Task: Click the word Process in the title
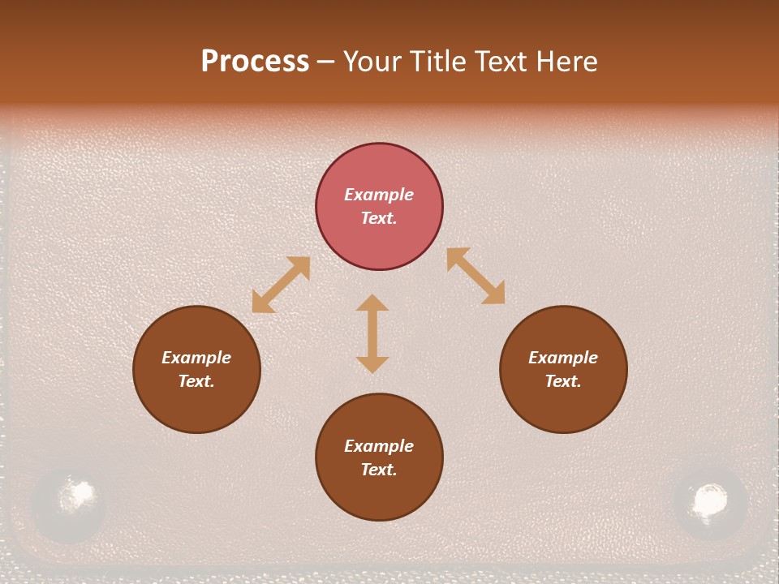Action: click(255, 62)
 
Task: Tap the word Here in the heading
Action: click(563, 62)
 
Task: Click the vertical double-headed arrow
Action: click(372, 333)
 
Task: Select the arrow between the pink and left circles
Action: click(281, 285)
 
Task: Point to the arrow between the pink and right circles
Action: click(476, 276)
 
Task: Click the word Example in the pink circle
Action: click(379, 195)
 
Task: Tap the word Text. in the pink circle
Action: click(379, 218)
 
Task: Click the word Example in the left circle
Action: click(196, 358)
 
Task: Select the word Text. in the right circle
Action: click(563, 381)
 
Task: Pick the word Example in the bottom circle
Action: click(379, 446)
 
